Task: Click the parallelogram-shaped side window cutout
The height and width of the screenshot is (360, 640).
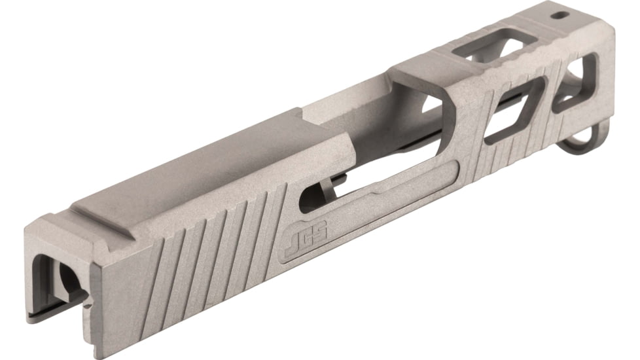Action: click(x=514, y=108)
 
